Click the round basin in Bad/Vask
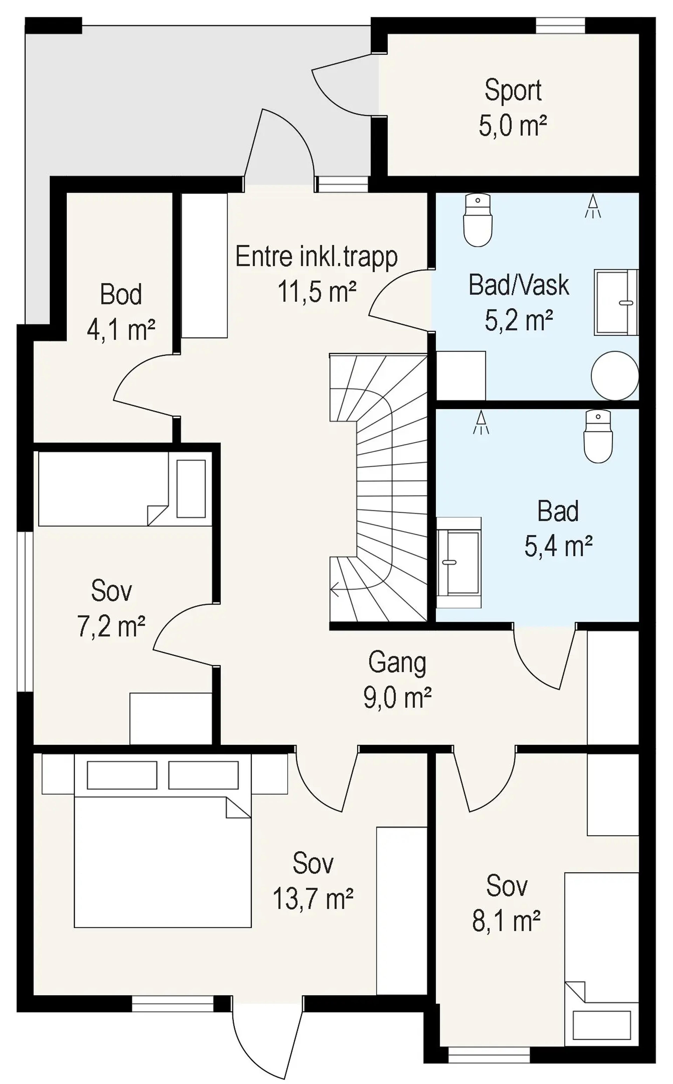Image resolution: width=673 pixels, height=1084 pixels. pyautogui.click(x=615, y=375)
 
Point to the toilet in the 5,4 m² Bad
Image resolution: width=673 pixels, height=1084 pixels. pyautogui.click(x=598, y=437)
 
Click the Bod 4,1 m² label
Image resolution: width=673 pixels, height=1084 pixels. pyautogui.click(x=121, y=312)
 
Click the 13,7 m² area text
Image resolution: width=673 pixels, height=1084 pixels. pyautogui.click(x=313, y=898)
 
